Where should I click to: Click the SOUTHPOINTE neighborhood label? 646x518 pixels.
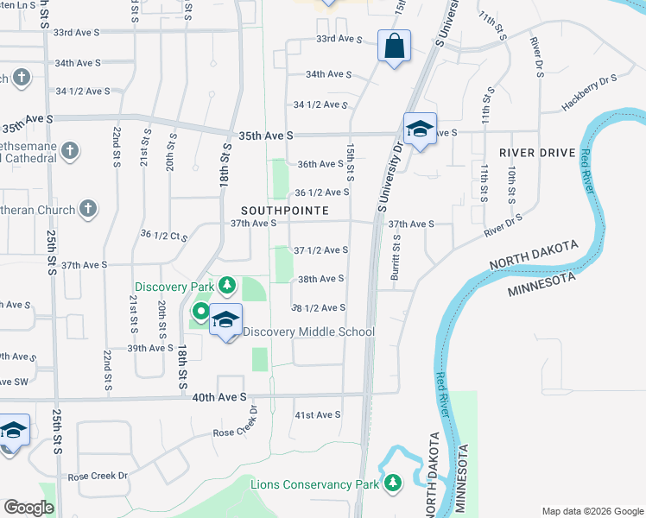[x=284, y=210]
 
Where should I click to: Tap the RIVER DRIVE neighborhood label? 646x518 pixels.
[x=537, y=153]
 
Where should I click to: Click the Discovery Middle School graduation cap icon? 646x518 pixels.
[x=225, y=320]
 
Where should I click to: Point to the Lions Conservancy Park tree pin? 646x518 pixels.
[x=394, y=483]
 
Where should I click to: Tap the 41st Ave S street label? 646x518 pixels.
[x=319, y=415]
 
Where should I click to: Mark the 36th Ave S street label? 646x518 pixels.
[x=320, y=164]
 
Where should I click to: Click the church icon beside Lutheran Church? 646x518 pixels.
[x=87, y=208]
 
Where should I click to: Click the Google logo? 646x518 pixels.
[x=28, y=507]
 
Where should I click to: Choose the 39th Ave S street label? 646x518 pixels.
[x=150, y=348]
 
